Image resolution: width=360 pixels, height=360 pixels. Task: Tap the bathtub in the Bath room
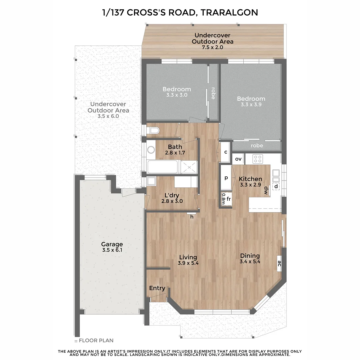click(163, 167)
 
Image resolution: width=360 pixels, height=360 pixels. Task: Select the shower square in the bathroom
click(189, 167)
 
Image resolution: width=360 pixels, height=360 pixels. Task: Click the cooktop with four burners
click(257, 159)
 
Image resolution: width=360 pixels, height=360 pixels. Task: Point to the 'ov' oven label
click(238, 159)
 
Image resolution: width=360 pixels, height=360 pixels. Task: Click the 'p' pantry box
click(226, 178)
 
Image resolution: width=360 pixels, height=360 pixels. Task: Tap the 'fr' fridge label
click(229, 199)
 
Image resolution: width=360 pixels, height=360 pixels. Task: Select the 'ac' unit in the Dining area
click(279, 263)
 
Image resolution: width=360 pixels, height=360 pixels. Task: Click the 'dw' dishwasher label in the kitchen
click(266, 190)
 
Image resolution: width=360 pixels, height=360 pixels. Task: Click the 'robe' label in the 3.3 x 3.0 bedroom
click(213, 94)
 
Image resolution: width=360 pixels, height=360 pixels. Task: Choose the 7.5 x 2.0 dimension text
click(212, 47)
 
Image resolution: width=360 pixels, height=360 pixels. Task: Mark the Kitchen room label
click(250, 179)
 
